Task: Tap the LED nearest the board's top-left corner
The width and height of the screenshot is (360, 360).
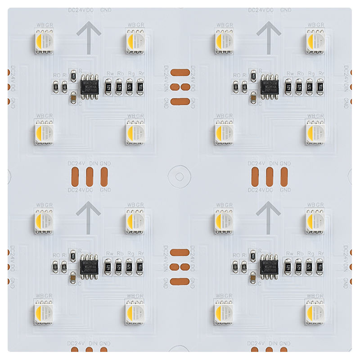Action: pyautogui.click(x=45, y=41)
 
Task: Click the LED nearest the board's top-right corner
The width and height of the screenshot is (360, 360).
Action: pyautogui.click(x=315, y=41)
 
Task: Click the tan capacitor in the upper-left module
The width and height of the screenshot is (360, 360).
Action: pyautogui.click(x=73, y=96)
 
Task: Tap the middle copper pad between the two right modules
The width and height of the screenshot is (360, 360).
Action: pyautogui.click(x=270, y=176)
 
